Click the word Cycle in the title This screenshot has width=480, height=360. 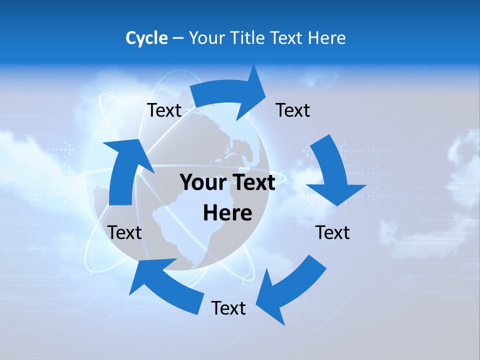(146, 38)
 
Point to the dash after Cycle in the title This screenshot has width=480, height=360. (178, 38)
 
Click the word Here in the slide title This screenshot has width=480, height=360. (326, 38)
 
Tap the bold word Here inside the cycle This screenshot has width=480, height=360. (227, 213)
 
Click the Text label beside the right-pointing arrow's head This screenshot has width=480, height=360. (293, 110)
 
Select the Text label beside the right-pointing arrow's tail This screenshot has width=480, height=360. (164, 110)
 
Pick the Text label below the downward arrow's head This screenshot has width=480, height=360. (332, 232)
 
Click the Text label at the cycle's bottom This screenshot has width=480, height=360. (228, 308)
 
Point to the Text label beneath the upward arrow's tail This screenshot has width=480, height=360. (124, 232)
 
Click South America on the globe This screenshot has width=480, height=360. (172, 235)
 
